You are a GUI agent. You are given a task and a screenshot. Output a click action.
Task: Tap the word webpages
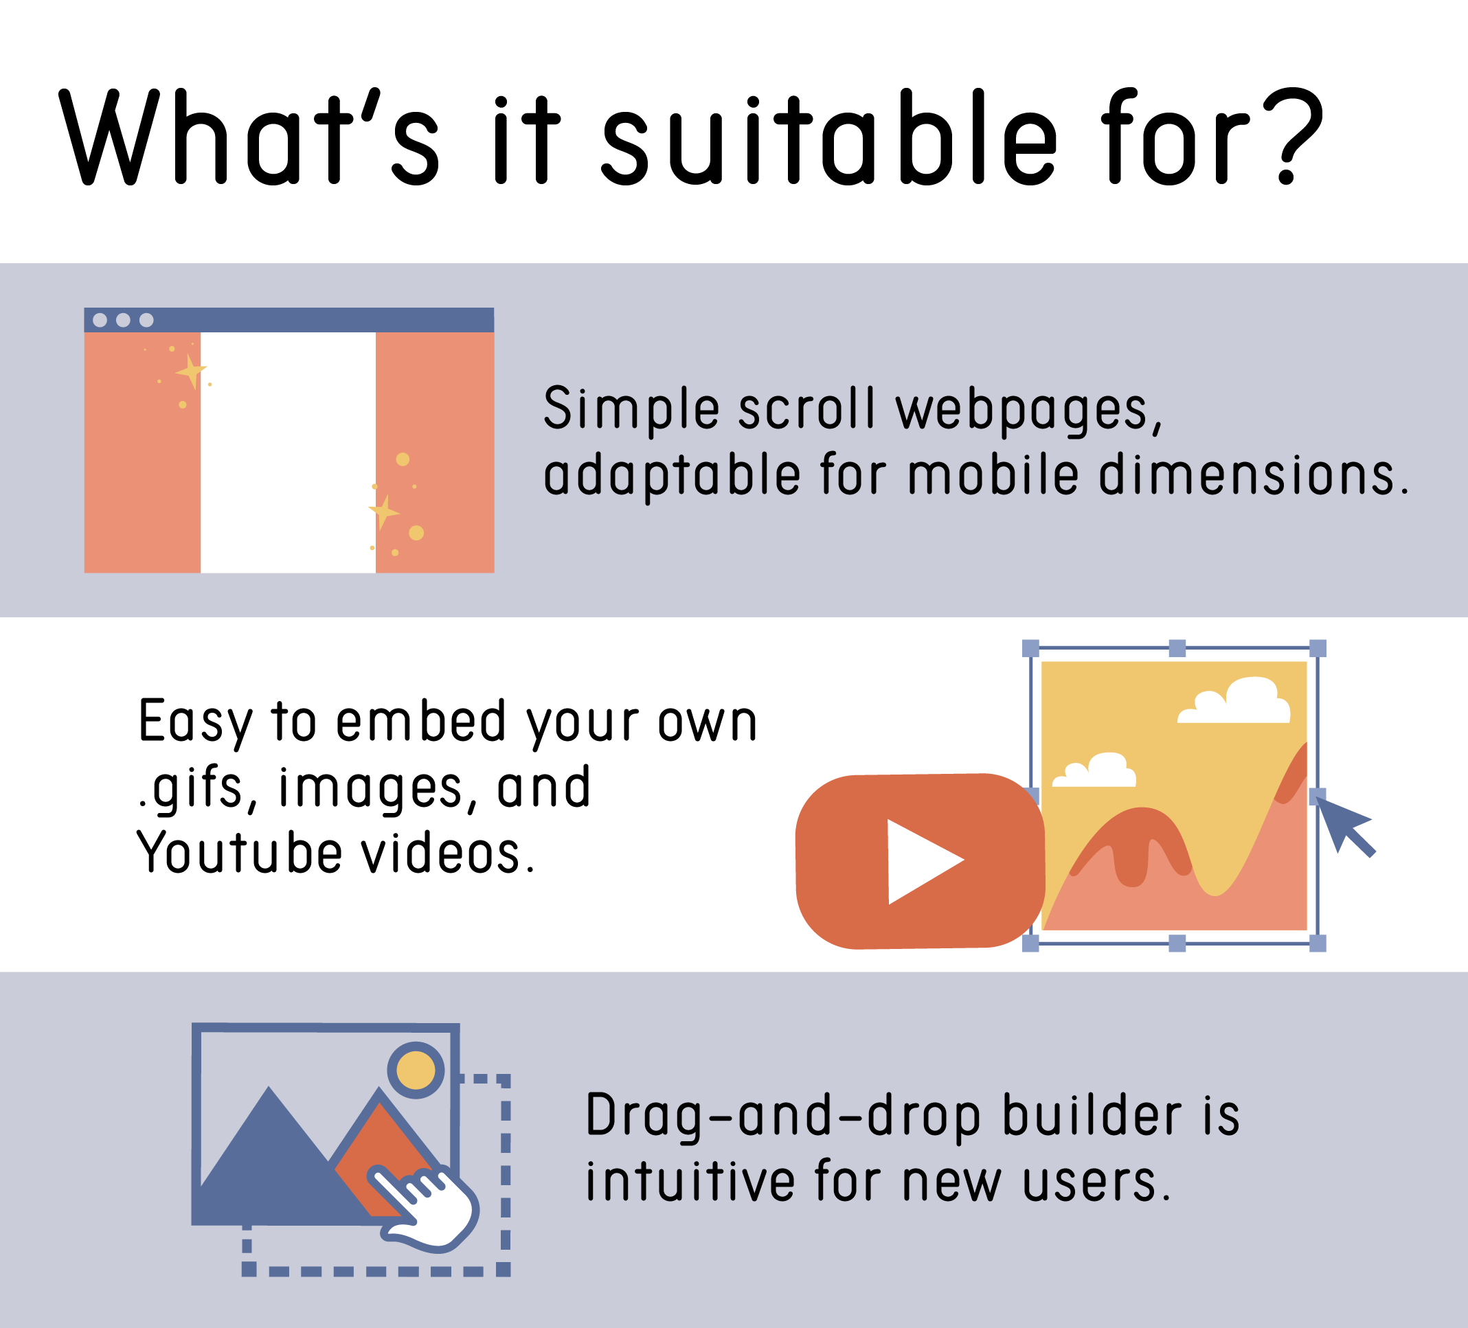click(x=1029, y=410)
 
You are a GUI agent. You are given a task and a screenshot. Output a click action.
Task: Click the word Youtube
click(x=240, y=853)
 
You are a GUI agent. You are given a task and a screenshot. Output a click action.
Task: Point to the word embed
click(x=422, y=722)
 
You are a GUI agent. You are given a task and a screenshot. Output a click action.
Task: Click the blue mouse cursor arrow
click(x=1344, y=825)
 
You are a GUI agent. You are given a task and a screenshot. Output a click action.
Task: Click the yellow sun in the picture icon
click(x=416, y=1070)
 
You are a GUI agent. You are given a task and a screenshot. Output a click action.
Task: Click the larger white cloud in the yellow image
click(x=1235, y=701)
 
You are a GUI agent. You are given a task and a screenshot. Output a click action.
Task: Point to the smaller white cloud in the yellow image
click(x=1094, y=770)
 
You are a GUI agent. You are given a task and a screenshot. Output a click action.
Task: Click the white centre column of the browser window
click(x=288, y=452)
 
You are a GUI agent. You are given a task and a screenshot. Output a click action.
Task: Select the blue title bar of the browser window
click(x=289, y=319)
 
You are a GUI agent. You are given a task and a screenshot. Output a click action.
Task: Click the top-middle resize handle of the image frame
click(x=1177, y=648)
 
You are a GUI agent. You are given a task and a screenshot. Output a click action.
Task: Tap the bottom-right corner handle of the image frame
click(x=1318, y=943)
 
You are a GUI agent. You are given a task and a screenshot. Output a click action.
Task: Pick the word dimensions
click(x=1254, y=474)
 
